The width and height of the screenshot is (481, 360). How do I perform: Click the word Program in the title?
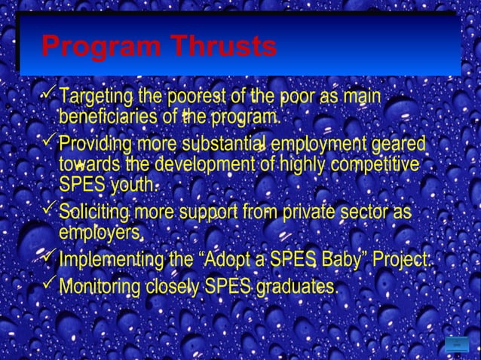101,47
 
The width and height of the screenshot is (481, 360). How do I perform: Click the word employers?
101,232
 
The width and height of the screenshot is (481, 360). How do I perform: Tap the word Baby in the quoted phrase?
342,260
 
